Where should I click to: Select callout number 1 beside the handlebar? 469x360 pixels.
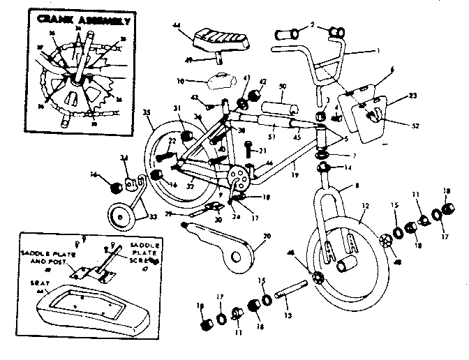pyautogui.click(x=378, y=50)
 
